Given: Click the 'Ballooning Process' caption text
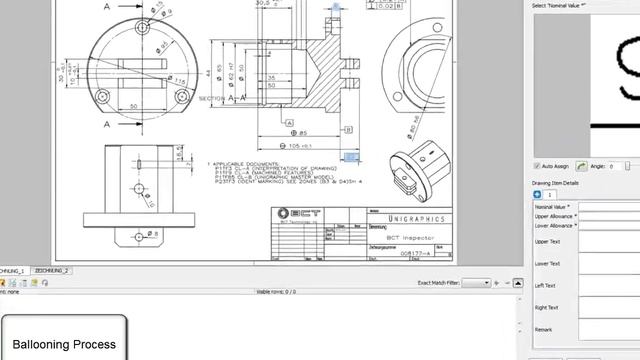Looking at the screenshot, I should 64,344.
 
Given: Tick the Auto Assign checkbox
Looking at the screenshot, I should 538,165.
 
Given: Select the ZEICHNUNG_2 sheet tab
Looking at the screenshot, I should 52,271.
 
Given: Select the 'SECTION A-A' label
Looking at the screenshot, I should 223,99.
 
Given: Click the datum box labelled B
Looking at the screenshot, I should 348,129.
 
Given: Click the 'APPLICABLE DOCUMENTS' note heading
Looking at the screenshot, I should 244,163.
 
